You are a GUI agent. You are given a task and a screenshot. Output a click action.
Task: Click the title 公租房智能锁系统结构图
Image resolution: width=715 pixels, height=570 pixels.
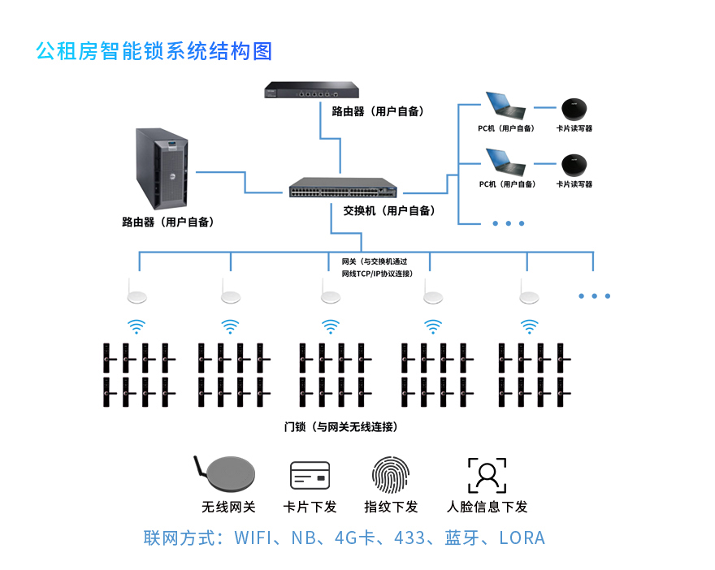point(154,51)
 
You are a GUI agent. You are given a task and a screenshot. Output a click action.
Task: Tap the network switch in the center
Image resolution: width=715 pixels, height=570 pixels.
point(343,189)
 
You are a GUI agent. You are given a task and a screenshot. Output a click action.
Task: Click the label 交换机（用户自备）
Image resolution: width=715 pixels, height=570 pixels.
point(388,211)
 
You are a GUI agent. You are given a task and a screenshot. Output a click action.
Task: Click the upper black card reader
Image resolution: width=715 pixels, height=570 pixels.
point(574,108)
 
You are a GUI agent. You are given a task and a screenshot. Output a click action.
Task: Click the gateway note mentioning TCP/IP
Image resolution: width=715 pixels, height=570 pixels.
point(375,268)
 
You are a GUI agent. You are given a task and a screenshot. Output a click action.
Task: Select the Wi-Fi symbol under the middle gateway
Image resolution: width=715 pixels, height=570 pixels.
point(330,326)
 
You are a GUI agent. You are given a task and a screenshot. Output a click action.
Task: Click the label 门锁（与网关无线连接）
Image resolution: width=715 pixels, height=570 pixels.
point(340,426)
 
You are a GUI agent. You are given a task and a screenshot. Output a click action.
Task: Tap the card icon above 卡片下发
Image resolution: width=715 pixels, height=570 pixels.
point(310,476)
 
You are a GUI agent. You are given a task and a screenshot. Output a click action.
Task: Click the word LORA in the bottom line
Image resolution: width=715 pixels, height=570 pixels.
point(522,538)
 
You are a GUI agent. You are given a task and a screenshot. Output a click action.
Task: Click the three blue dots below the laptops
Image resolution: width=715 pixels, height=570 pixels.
point(509,223)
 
